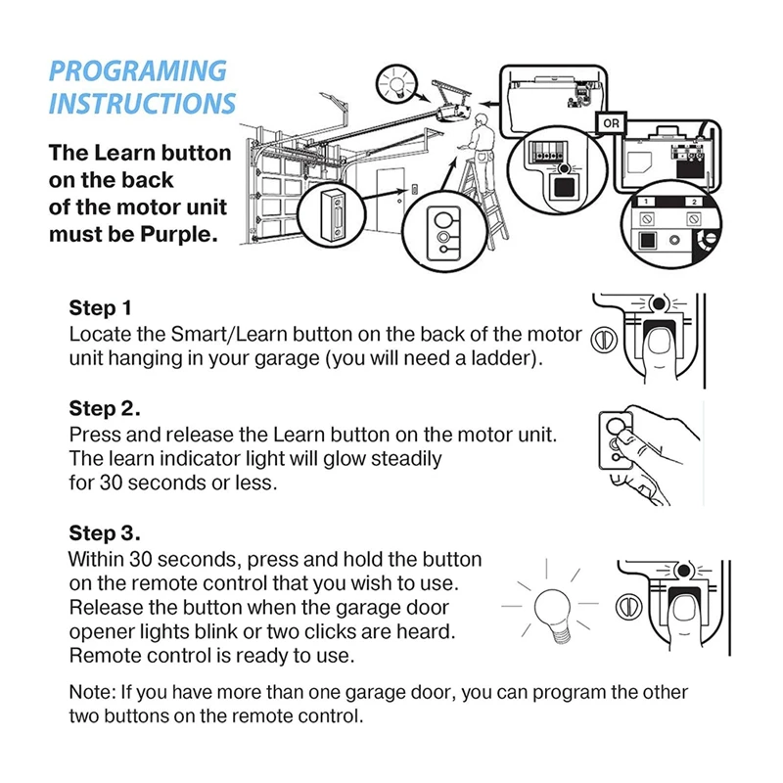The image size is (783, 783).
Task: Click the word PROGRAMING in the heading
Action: [x=138, y=71]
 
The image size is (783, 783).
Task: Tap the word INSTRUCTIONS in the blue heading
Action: [x=143, y=104]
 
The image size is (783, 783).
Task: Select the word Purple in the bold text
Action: [x=183, y=236]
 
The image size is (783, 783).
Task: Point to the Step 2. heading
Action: [x=105, y=408]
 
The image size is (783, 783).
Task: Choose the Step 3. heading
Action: [x=105, y=534]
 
